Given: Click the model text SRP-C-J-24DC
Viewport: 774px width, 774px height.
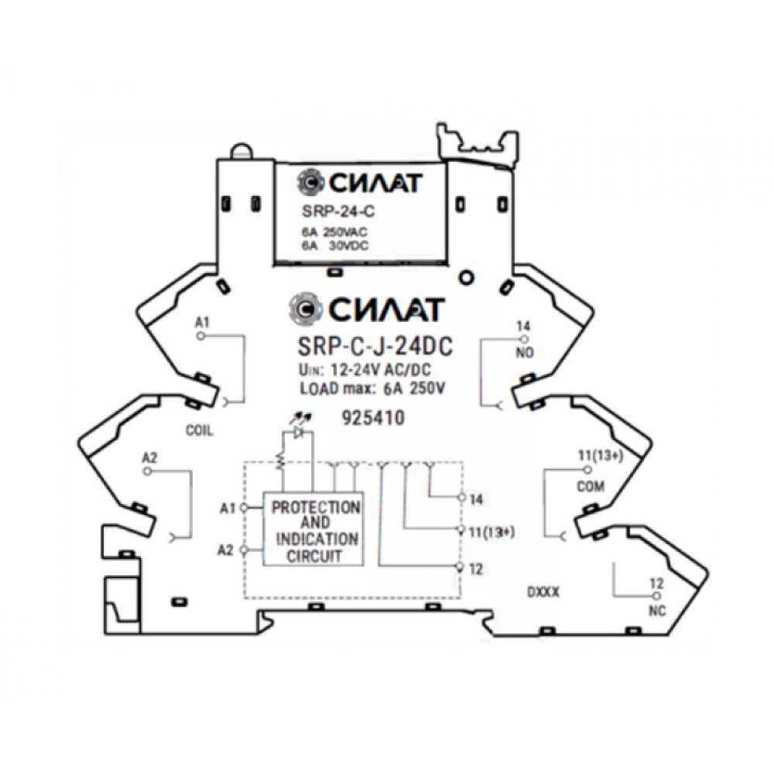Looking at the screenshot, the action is (x=375, y=346).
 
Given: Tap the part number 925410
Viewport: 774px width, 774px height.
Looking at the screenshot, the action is (x=374, y=418).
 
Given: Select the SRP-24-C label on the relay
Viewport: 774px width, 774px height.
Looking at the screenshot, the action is (x=338, y=211).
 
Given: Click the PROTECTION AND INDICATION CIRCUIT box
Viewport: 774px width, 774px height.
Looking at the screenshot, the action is (x=313, y=529).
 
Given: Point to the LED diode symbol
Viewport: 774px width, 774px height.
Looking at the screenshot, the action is (x=299, y=433).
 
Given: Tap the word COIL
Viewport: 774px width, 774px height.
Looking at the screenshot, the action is (x=200, y=430).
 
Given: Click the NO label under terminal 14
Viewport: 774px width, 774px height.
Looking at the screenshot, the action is (x=524, y=353).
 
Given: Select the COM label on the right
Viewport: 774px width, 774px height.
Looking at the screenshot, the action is (x=591, y=487).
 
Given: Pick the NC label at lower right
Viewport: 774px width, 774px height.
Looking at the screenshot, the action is (x=657, y=611).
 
